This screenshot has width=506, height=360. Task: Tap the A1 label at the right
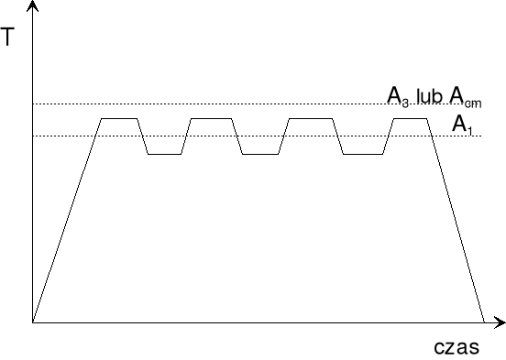point(461,122)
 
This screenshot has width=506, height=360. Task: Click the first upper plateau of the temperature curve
point(118,119)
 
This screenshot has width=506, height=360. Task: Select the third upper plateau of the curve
point(304,119)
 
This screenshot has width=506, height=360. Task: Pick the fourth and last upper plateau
point(410,119)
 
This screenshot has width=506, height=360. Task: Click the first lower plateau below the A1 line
point(165,155)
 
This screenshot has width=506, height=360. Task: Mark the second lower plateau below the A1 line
point(259,155)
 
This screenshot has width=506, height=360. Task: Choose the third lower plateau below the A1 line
point(362,155)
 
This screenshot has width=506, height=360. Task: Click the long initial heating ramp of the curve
point(67,220)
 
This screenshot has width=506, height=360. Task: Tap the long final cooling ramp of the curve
point(456,220)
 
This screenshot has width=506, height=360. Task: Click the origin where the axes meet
point(33,323)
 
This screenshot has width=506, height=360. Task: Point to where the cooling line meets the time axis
point(483,323)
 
